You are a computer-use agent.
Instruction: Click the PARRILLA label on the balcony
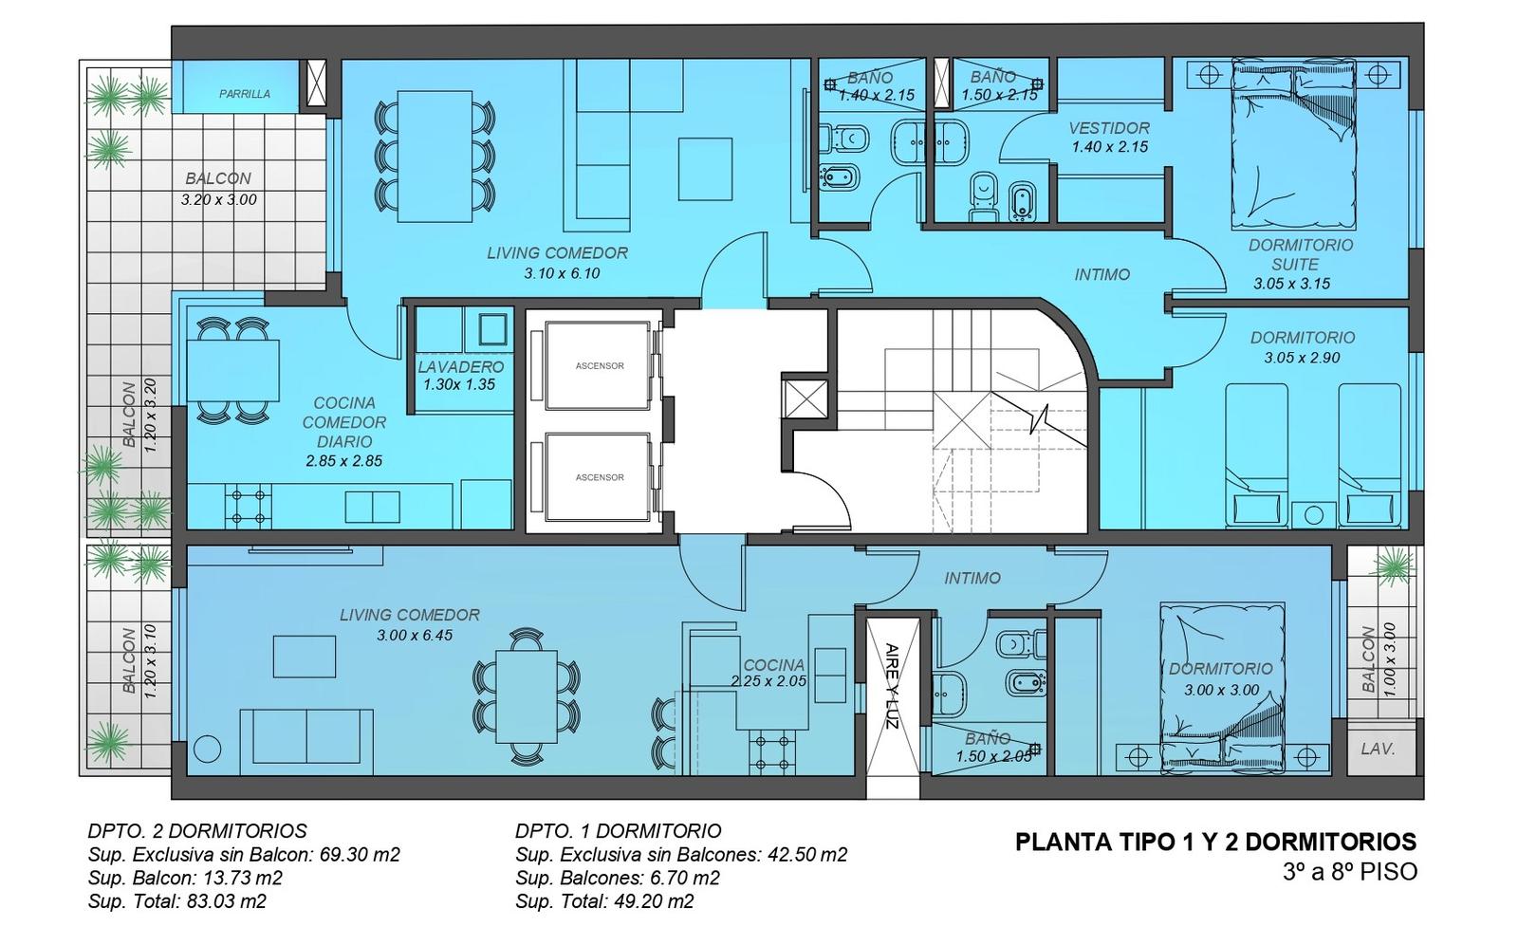(245, 94)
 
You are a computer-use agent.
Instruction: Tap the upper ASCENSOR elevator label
(600, 366)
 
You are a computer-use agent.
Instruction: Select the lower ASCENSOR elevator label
(600, 477)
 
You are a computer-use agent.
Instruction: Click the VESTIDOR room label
(1109, 128)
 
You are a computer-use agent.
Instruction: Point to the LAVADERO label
(461, 367)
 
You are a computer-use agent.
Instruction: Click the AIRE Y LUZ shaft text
(892, 685)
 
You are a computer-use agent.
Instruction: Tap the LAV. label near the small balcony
(1378, 750)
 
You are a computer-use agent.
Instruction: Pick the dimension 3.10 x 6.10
(562, 274)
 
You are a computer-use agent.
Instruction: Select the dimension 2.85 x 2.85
(344, 462)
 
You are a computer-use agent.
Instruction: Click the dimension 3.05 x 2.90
(1302, 358)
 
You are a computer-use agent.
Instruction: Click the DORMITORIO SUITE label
(1301, 255)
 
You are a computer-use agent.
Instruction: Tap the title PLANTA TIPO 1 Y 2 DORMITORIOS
(1215, 842)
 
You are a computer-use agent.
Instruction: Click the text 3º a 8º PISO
(1350, 872)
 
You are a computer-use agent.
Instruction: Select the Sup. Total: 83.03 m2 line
(176, 901)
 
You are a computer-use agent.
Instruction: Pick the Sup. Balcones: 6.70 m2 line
(618, 879)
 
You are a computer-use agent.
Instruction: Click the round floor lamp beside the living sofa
(208, 750)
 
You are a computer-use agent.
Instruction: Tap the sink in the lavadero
(492, 329)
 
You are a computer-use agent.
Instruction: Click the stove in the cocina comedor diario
(248, 507)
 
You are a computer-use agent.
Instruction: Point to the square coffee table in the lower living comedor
(305, 657)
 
